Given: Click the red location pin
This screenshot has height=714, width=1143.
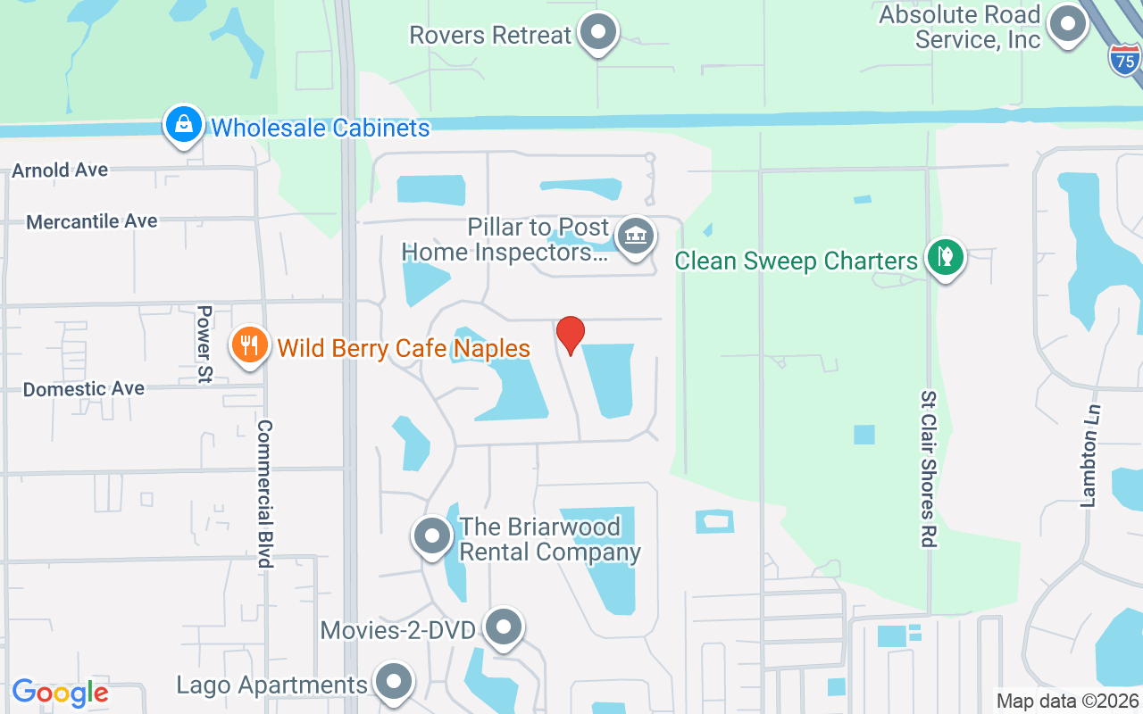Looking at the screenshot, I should click(571, 335).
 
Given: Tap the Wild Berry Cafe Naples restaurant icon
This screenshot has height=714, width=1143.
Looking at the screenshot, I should click(250, 345).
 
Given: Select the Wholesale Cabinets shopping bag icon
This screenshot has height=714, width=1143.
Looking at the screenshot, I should click(183, 125).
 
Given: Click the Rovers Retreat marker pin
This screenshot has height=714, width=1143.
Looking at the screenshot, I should click(598, 32).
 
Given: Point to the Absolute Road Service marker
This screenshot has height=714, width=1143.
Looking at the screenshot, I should click(1066, 25).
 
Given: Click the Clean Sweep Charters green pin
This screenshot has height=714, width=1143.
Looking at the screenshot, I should click(945, 257).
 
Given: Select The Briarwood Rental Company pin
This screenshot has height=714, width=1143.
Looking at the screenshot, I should click(433, 536).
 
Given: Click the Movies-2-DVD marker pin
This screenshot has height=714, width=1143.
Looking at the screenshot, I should click(504, 627).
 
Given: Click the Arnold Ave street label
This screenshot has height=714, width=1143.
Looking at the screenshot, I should click(60, 170).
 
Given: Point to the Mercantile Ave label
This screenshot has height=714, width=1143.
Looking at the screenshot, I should click(92, 221).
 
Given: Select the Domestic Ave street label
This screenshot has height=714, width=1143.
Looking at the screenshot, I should click(84, 389).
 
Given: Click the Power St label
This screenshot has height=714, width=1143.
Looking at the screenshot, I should click(204, 345).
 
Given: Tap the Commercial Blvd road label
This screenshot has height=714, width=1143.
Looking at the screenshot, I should click(264, 494).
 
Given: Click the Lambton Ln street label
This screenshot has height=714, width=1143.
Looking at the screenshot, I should click(1090, 456).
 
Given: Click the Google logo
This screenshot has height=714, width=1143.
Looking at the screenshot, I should click(60, 693).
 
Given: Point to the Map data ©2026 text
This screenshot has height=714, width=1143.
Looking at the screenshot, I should click(1068, 702).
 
